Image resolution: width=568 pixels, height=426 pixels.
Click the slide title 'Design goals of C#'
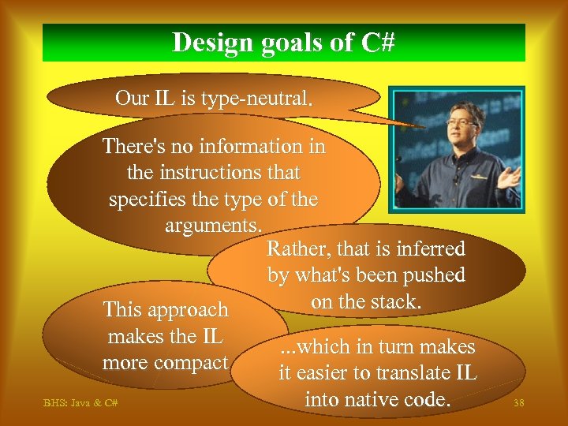[x=283, y=42]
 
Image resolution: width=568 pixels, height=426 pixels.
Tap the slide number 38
[x=518, y=403]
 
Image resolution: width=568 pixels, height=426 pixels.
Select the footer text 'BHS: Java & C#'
[x=80, y=403]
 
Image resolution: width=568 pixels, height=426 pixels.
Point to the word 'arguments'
[x=212, y=226]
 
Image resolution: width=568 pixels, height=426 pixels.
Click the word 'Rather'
[x=297, y=249]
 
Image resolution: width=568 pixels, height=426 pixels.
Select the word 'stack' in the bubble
[x=397, y=301]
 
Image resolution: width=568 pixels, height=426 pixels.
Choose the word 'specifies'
[x=145, y=200]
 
